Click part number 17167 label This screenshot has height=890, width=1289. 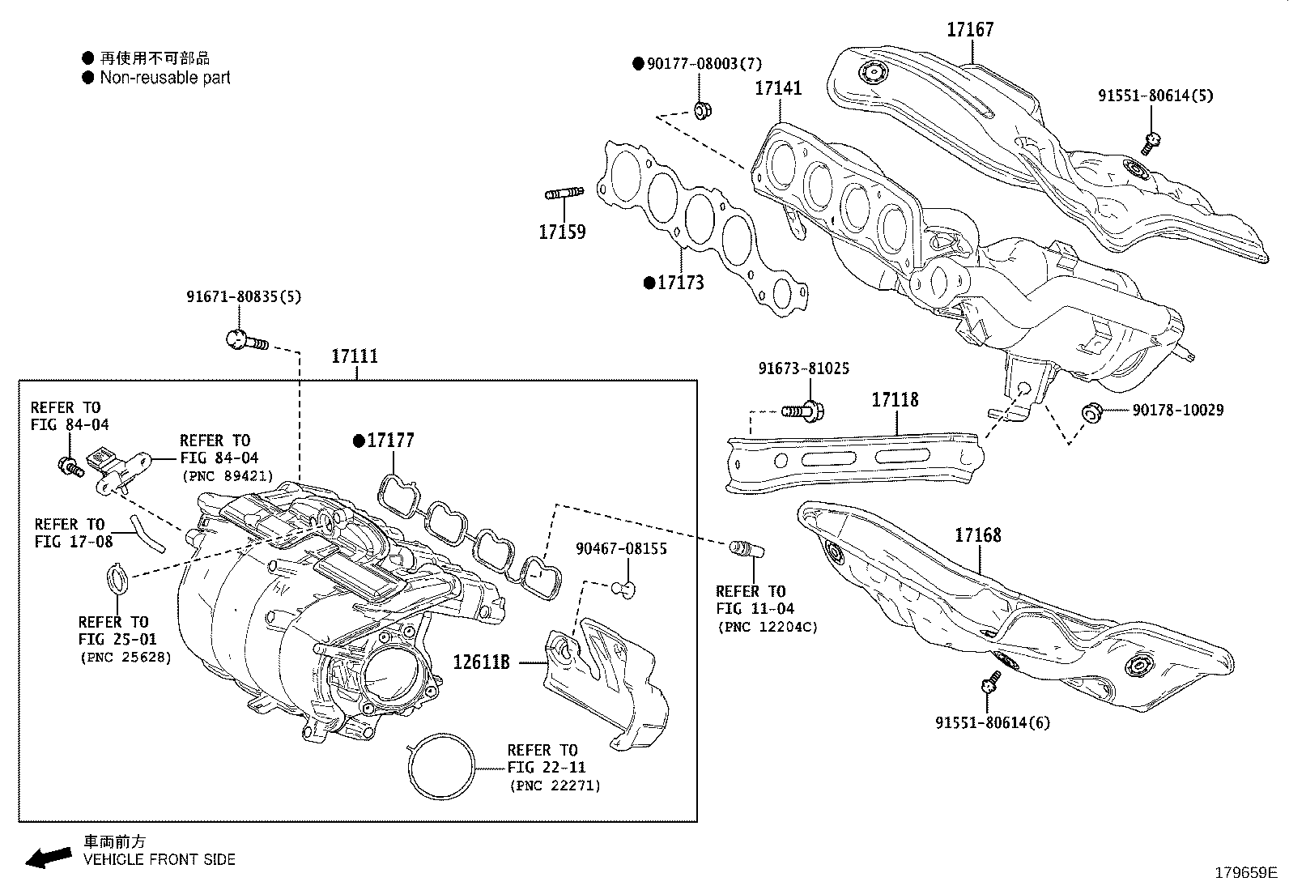tap(970, 30)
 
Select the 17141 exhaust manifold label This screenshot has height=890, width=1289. tap(778, 88)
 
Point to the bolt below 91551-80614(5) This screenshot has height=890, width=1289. tap(1152, 143)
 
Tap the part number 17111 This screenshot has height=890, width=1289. tap(355, 356)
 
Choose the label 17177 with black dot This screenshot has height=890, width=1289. tap(390, 441)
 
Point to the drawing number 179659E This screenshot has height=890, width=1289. tap(1245, 873)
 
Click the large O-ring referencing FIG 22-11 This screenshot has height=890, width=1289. tap(441, 768)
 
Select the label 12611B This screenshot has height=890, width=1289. tap(481, 662)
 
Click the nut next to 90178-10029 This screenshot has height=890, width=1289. tap(1091, 413)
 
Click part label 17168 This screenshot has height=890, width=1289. tap(977, 535)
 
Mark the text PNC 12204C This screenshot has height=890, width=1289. tap(767, 627)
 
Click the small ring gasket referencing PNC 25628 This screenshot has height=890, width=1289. tap(118, 580)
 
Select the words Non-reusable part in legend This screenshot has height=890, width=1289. tap(164, 78)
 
